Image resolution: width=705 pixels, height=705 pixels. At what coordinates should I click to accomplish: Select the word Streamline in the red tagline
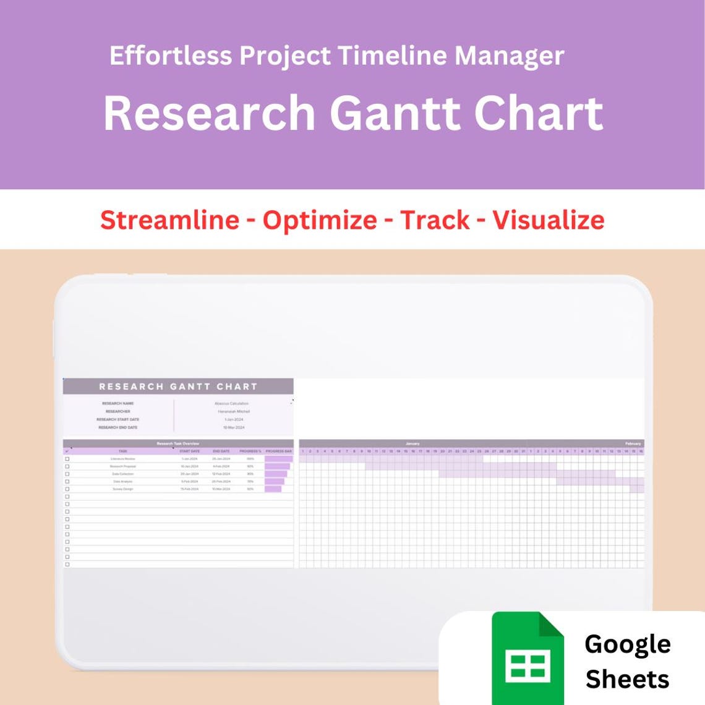169,220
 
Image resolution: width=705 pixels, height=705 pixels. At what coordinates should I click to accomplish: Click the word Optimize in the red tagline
320,220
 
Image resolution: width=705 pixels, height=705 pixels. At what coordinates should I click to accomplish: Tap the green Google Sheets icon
528,658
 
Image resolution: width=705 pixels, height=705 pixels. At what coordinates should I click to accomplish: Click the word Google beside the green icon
627,644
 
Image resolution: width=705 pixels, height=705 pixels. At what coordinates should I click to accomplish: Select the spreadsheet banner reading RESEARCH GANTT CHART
178,387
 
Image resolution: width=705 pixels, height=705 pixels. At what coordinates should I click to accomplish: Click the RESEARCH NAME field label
117,403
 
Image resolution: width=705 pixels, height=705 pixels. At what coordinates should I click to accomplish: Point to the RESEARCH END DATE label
117,427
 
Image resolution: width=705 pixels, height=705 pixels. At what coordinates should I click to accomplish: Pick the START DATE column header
190,451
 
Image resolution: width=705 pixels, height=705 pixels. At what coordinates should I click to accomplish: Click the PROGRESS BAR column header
278,451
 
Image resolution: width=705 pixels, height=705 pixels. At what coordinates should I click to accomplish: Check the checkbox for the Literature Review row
67,459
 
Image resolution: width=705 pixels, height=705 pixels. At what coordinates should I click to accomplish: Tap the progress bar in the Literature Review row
278,459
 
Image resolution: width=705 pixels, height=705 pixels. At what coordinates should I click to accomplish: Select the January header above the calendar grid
412,443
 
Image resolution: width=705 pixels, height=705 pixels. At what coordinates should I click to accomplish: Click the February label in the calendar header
633,443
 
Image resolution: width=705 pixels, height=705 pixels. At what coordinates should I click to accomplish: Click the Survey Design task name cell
122,489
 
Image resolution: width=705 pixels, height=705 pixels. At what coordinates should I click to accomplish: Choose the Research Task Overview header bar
178,443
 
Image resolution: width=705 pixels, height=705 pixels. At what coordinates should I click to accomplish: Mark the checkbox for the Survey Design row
67,489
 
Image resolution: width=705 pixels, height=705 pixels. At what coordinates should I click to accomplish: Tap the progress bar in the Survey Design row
273,489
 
